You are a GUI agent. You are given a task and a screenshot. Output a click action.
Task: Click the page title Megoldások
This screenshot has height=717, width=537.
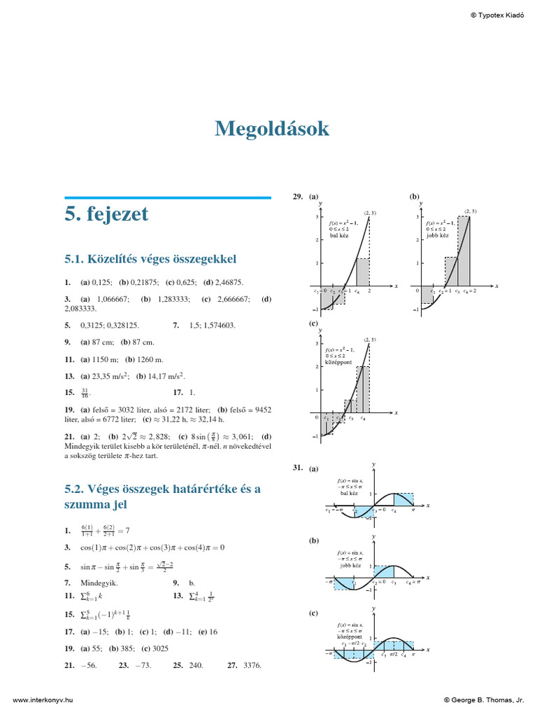pyautogui.click(x=271, y=129)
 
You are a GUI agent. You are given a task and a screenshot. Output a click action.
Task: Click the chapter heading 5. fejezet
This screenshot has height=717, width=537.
pyautogui.click(x=106, y=214)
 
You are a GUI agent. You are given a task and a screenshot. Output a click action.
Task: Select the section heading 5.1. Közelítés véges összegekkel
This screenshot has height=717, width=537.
pyautogui.click(x=150, y=258)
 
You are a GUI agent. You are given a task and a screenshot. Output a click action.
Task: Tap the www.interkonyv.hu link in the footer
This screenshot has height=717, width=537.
pyautogui.click(x=43, y=699)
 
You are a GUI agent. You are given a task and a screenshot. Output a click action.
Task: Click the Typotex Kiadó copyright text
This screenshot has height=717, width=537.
pyautogui.click(x=496, y=15)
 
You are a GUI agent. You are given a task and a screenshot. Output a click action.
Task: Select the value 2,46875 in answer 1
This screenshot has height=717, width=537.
pyautogui.click(x=227, y=282)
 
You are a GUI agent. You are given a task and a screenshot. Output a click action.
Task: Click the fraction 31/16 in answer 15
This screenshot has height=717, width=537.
pyautogui.click(x=85, y=393)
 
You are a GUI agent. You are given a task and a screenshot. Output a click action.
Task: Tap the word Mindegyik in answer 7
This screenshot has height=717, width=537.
pyautogui.click(x=99, y=582)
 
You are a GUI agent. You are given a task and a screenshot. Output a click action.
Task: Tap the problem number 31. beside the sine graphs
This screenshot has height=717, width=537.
pyautogui.click(x=298, y=468)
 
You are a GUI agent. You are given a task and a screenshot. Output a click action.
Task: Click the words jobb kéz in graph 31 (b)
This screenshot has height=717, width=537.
pyautogui.click(x=351, y=564)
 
